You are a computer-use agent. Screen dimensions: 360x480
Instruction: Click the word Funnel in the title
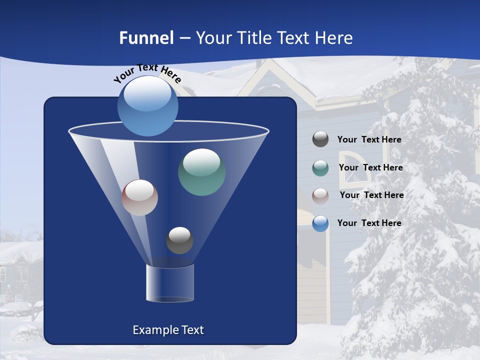[x=146, y=38]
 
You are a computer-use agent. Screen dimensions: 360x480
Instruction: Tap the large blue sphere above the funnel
[x=148, y=106]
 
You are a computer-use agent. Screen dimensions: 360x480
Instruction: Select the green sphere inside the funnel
[x=201, y=172]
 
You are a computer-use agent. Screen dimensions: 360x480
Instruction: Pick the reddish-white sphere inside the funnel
[x=139, y=197]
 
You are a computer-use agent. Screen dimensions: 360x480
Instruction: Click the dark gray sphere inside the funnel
[x=179, y=240]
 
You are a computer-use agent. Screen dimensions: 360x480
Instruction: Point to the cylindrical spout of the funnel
[x=170, y=283]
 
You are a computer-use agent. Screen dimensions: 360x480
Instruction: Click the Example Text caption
[x=168, y=330]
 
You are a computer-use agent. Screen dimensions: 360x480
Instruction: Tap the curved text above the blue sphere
[x=147, y=73]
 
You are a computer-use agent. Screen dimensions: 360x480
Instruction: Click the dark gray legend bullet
[x=320, y=139]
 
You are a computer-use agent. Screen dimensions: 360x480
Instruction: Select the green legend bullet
[x=320, y=168]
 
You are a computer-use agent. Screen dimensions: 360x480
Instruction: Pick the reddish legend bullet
[x=320, y=195]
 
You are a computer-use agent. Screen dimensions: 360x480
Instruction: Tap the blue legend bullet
[x=320, y=223]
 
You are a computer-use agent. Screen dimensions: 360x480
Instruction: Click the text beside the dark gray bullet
[x=369, y=140]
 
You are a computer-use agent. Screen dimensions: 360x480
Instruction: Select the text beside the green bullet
[x=370, y=168]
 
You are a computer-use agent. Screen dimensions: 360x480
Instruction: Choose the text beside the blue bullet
[x=369, y=223]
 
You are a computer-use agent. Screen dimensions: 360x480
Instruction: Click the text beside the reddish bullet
[x=371, y=195]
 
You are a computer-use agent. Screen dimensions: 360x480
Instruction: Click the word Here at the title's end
[x=334, y=38]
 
